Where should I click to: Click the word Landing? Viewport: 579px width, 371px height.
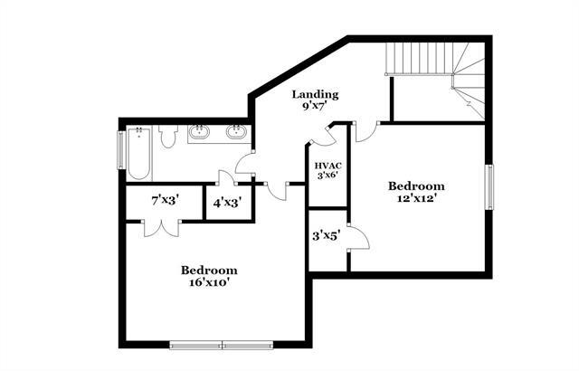point(314,94)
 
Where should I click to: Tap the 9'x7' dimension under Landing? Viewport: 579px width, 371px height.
point(314,107)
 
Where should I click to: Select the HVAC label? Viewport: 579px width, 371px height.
point(327,165)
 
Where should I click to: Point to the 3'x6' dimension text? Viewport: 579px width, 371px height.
point(327,176)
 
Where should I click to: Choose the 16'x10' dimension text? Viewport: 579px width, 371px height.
point(209,281)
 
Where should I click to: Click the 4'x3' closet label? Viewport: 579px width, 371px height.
point(226,203)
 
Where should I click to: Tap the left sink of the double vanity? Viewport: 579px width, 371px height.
point(201,133)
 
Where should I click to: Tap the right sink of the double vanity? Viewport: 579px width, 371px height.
point(237,133)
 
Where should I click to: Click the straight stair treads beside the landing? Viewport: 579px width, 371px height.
point(418,61)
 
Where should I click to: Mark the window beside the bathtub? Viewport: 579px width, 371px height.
point(121,150)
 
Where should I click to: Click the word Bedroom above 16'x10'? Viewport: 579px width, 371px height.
point(209,270)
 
